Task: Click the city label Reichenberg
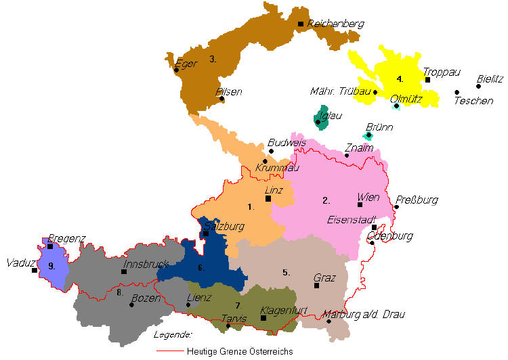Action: (336, 24)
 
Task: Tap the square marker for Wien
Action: (360, 204)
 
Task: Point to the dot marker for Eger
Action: (176, 70)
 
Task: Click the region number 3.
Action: (213, 59)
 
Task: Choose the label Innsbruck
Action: (146, 265)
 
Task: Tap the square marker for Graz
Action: (316, 286)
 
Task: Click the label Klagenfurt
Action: (284, 311)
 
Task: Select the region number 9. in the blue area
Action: (51, 267)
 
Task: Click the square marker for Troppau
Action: (427, 80)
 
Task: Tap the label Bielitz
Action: (490, 79)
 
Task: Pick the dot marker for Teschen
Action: (457, 92)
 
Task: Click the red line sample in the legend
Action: (169, 351)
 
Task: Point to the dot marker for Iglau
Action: (318, 122)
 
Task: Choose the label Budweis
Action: (287, 143)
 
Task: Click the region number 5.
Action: (286, 273)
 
